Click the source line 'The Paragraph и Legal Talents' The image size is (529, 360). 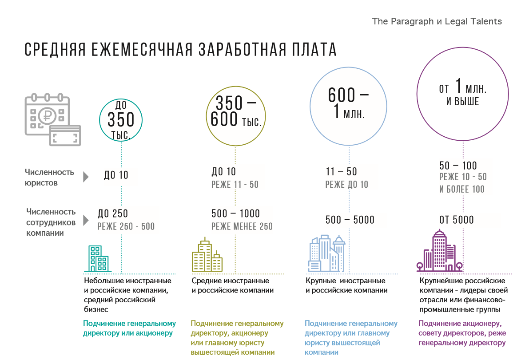437,21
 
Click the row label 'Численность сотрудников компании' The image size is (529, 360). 51,222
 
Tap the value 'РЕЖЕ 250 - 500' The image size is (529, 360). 126,227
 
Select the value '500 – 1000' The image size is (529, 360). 236,214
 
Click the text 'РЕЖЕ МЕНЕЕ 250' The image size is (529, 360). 242,227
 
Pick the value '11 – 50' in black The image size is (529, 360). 341,172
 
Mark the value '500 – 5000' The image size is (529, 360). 350,220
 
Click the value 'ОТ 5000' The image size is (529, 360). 457,220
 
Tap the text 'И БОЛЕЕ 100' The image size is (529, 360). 462,190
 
